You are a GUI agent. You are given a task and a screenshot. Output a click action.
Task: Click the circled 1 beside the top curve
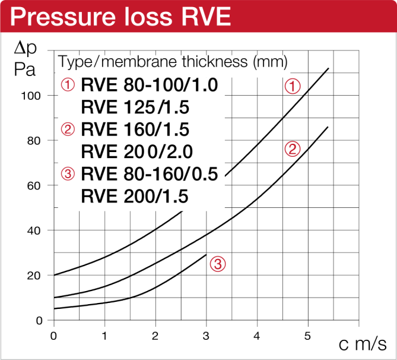(x=292, y=87)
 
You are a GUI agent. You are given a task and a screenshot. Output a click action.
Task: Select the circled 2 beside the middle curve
(x=292, y=149)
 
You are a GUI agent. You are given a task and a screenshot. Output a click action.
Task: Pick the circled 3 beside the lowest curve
(x=218, y=264)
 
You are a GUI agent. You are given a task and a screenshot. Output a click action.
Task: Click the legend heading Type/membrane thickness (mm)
(x=173, y=61)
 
